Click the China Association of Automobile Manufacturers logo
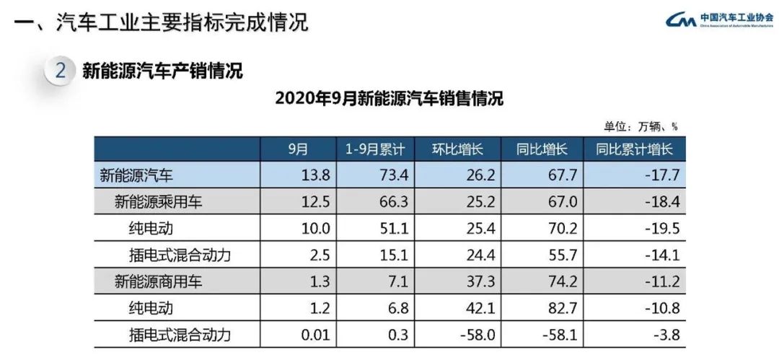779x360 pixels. [717, 19]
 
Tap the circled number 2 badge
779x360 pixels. [61, 71]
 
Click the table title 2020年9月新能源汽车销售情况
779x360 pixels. [389, 99]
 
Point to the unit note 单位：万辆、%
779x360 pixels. [641, 126]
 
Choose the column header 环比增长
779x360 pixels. [457, 149]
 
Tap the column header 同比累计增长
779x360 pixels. [634, 149]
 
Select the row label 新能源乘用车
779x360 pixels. [158, 201]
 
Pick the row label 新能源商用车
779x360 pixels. [158, 282]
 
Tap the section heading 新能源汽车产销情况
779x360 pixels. [162, 71]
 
